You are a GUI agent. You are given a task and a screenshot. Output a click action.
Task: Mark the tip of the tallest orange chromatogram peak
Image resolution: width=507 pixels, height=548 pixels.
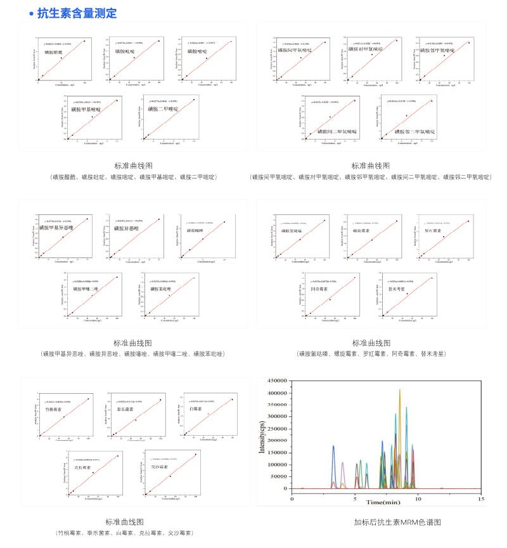pyautogui.click(x=400, y=390)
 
